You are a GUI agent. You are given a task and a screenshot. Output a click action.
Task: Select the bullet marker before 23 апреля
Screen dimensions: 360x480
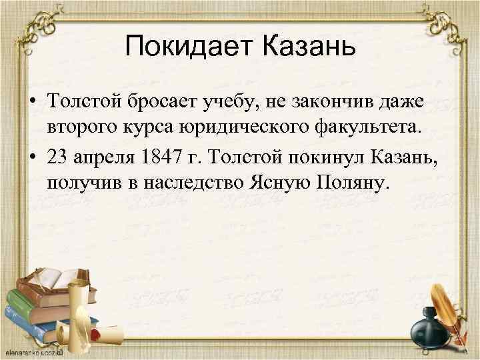pos(31,158)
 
